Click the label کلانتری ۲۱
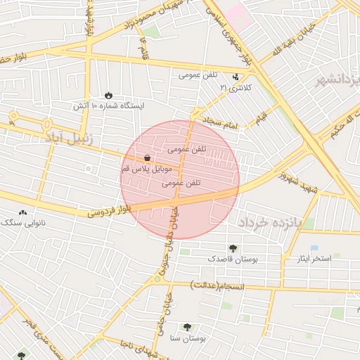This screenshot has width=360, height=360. tap(235, 88)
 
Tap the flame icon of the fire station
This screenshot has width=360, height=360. tap(108, 94)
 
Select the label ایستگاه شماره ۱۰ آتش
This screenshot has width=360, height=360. tap(109, 106)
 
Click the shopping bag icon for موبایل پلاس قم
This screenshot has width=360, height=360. tap(146, 157)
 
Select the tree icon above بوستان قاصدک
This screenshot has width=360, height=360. tap(233, 247)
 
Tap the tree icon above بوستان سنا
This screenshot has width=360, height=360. tap(187, 326)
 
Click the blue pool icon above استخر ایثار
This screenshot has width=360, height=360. tap(314, 248)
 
